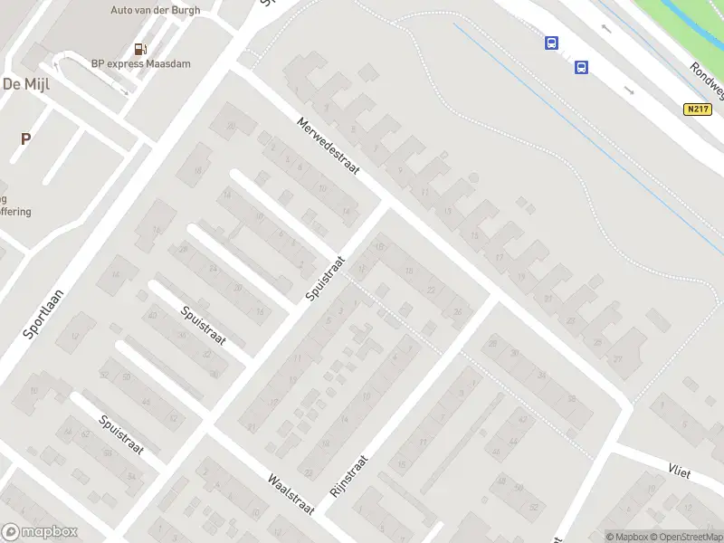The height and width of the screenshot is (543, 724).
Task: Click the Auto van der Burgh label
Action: [x=155, y=11]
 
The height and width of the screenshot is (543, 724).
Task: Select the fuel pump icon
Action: [x=140, y=49]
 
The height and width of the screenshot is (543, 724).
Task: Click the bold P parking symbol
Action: [x=26, y=139]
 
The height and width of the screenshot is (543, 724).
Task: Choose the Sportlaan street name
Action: [x=41, y=313]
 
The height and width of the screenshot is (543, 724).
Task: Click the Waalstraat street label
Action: [x=290, y=494]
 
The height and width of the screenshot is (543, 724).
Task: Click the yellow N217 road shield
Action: [x=694, y=109]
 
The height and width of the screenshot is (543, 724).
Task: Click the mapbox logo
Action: [x=40, y=532]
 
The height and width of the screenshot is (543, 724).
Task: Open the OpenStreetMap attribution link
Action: [x=684, y=537]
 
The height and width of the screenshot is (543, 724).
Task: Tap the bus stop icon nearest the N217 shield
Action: [x=581, y=66]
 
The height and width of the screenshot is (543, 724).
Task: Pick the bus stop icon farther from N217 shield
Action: [x=551, y=43]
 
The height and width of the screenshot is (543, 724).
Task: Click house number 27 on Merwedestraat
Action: [x=618, y=359]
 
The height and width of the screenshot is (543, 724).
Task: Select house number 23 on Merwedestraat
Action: [x=570, y=320]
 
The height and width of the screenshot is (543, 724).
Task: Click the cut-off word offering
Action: [x=15, y=212]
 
